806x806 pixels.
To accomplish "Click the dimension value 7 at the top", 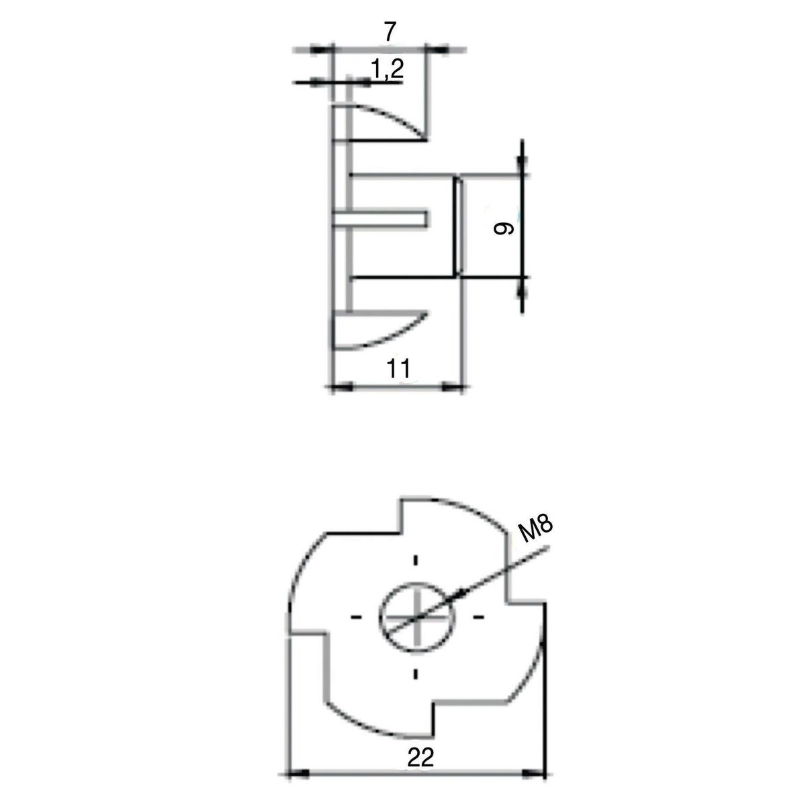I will click(x=390, y=32).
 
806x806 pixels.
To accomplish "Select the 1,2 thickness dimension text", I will click(x=386, y=69).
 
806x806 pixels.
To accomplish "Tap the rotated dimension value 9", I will click(x=504, y=229).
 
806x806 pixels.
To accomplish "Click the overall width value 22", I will click(x=420, y=758).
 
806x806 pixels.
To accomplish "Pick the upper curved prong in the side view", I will click(x=379, y=124).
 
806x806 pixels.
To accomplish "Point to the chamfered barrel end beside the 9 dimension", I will click(x=457, y=226).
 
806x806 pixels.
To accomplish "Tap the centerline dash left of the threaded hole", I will click(x=356, y=616).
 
